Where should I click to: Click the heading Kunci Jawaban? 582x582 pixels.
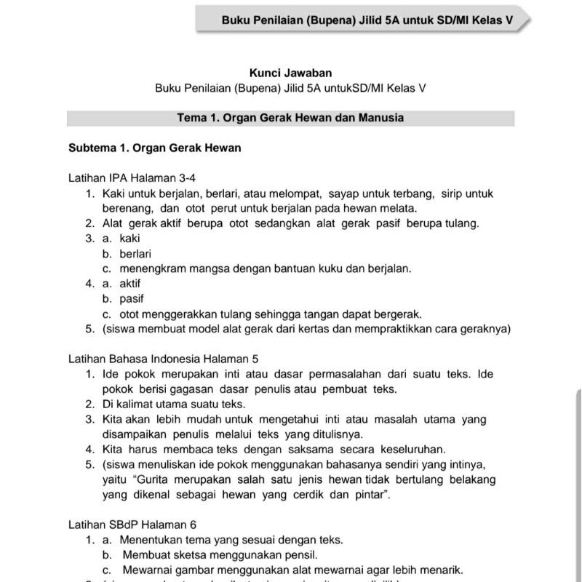click(x=290, y=73)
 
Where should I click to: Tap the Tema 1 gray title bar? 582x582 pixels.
click(x=290, y=118)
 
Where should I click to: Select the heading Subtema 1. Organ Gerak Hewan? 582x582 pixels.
click(x=155, y=148)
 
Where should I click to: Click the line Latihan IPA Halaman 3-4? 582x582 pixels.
click(x=132, y=178)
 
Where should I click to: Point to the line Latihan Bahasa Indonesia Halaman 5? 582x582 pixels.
click(x=164, y=359)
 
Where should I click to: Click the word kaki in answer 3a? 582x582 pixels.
click(x=130, y=238)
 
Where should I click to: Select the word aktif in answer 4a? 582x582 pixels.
click(x=130, y=284)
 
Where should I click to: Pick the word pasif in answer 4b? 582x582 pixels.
click(x=132, y=299)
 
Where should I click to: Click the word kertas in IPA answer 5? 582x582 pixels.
click(x=333, y=329)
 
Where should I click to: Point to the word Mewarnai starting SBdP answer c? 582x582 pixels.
click(x=145, y=570)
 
